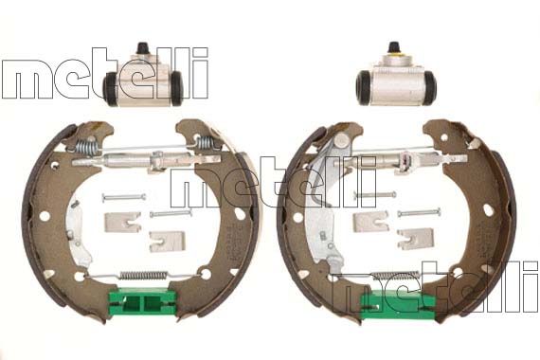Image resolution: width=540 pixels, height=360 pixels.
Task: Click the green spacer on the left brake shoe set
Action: click(x=142, y=302)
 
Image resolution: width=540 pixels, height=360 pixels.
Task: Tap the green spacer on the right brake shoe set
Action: click(x=398, y=304)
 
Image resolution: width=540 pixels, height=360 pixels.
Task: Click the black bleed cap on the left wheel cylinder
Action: click(x=141, y=48)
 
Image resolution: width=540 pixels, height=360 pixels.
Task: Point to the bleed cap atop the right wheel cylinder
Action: click(x=394, y=47)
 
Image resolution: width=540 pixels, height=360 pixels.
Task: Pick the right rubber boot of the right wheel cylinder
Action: click(x=429, y=87)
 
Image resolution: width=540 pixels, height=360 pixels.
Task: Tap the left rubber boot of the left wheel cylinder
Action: click(x=110, y=88)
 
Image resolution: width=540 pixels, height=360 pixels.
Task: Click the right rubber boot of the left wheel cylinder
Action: click(x=176, y=88)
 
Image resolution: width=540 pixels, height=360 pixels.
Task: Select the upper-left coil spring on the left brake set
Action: click(x=86, y=146)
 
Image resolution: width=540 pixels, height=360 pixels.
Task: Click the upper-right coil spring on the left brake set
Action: click(x=206, y=143)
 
